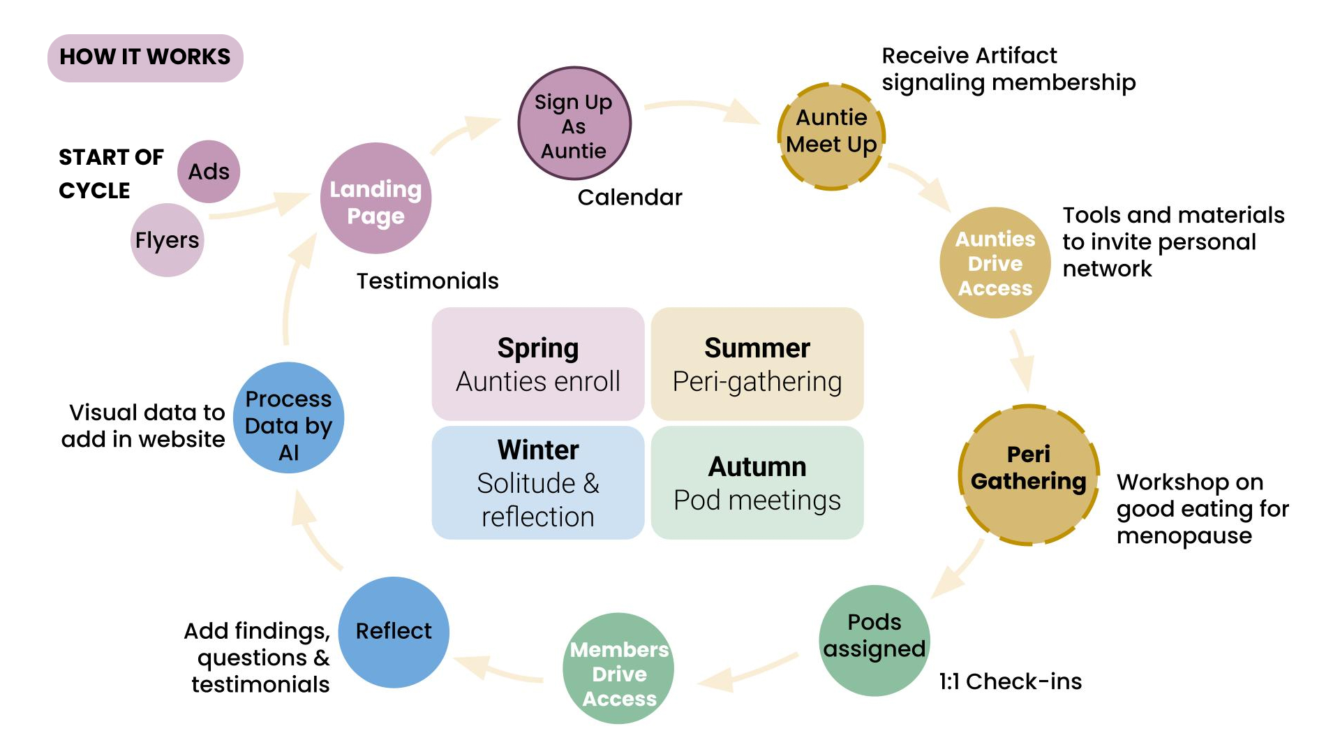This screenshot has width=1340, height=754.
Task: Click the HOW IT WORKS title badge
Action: (145, 57)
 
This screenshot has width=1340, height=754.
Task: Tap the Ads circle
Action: (209, 172)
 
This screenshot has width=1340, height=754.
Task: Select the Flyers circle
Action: (167, 240)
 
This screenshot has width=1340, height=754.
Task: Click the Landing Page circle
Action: (375, 199)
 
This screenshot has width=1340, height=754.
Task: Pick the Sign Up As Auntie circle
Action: (574, 124)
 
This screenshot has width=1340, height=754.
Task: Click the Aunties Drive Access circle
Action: (995, 263)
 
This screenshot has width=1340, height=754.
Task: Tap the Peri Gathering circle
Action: (1029, 475)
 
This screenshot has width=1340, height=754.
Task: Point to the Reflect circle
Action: (394, 632)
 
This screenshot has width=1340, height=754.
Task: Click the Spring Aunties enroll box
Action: (538, 364)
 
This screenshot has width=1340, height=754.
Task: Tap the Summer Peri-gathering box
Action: (757, 364)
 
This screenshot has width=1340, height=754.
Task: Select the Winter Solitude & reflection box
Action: (538, 482)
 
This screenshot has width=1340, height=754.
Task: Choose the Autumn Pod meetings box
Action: (757, 482)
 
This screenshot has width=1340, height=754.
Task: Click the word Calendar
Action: (630, 198)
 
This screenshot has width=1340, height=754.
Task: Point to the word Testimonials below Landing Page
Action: (427, 281)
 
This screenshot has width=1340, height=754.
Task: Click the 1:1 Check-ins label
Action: (1010, 681)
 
